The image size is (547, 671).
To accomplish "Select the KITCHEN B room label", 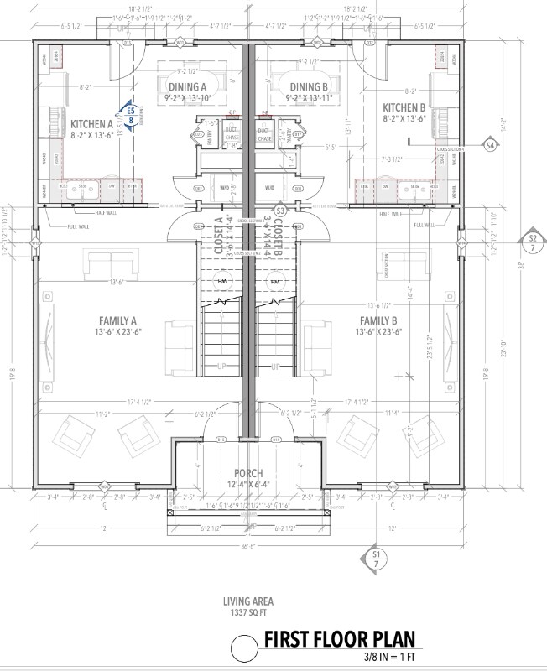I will coord(405,107).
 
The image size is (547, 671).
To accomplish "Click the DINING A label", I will coord(187,87).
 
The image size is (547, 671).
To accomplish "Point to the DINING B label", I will coord(309,87).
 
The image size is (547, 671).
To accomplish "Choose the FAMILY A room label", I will coord(117,320).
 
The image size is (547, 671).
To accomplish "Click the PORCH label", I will coord(249,472).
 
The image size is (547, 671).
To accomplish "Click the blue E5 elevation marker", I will coord(130,113).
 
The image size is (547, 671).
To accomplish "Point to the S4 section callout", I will coord(490,145).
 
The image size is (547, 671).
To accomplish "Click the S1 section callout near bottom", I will coord(377,559).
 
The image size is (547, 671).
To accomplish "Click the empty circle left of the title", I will coord(244,648).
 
